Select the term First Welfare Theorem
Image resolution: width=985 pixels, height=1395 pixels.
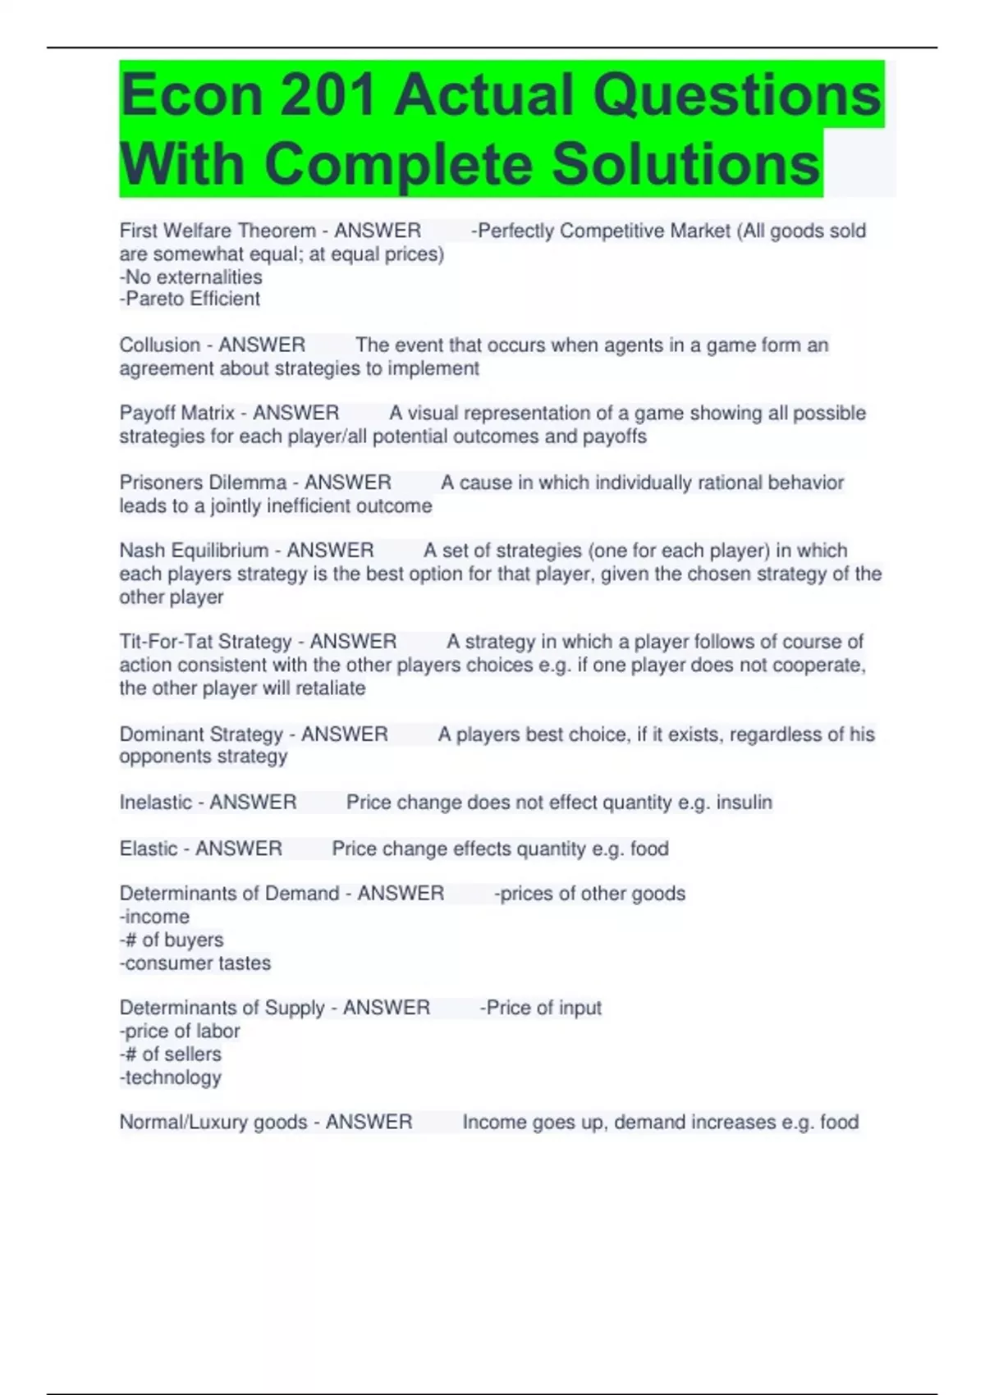pos(218,231)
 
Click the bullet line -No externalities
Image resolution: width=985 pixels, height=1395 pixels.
pos(190,277)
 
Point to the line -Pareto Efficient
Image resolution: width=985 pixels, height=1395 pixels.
pos(190,300)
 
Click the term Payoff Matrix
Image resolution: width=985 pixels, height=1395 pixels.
pos(176,414)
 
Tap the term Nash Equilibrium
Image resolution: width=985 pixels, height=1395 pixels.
pos(194,551)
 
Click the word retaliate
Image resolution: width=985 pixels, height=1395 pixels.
pos(329,688)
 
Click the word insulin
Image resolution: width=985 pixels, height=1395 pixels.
pos(744,803)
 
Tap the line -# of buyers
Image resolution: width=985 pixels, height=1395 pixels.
pos(171,940)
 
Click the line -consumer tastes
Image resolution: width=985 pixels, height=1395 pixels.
pos(195,963)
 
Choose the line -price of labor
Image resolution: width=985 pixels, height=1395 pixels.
pos(179,1031)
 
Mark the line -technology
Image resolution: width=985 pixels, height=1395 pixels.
pos(170,1077)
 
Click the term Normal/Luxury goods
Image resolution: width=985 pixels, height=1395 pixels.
pos(213,1123)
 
